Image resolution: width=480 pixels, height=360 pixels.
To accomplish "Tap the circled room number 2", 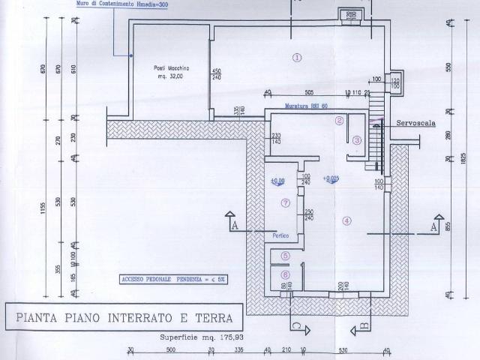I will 340,120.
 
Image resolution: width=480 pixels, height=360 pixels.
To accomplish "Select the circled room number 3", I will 358,139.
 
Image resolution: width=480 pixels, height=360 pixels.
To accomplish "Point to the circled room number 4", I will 346,220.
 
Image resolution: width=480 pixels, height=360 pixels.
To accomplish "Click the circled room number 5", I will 285,255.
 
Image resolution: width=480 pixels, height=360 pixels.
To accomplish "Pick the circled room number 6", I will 285,274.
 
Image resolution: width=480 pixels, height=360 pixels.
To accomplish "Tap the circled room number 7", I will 284,202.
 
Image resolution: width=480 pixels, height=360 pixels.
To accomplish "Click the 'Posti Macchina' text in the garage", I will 165,68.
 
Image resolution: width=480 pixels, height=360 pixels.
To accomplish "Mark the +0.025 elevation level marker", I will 331,179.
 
